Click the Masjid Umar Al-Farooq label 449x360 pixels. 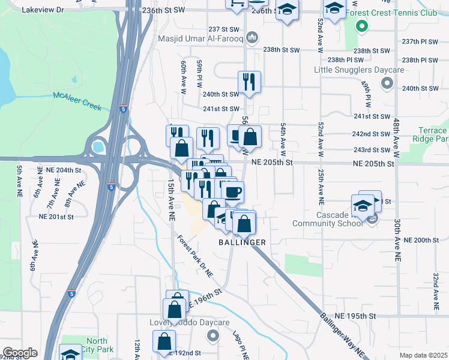pos(200,39)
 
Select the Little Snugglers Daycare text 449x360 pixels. pos(351,70)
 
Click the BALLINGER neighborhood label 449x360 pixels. pos(242,242)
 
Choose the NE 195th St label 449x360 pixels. pos(355,316)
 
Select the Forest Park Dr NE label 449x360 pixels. pos(195,256)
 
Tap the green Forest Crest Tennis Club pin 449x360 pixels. pos(361,26)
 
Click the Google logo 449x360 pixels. pos(20,353)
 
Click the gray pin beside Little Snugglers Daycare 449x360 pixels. pos(387,85)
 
